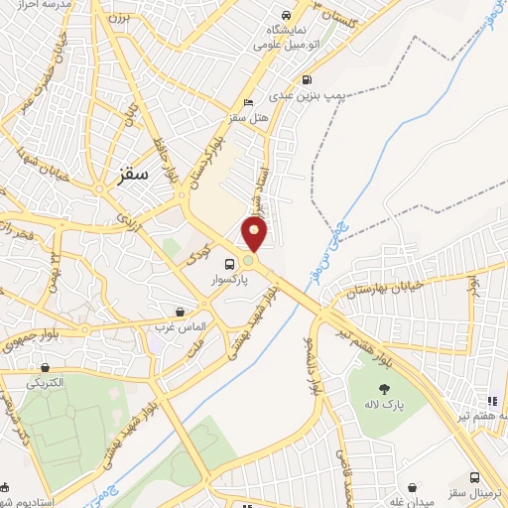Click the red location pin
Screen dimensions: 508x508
[x=256, y=234]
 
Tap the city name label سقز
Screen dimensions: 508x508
[x=131, y=174]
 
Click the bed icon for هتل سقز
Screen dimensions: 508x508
[x=248, y=103]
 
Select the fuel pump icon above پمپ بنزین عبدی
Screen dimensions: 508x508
[x=307, y=80]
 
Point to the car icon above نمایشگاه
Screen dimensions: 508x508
[x=286, y=16]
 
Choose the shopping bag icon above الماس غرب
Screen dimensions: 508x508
[x=180, y=311]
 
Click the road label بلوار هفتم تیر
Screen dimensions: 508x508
[x=364, y=330]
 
